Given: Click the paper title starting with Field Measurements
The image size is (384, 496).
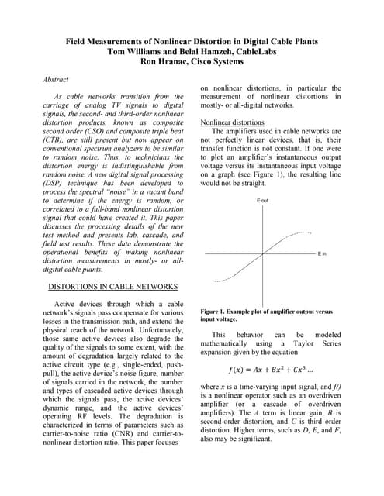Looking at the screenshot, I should [191, 40].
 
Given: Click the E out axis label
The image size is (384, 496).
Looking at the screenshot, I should [262, 201].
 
